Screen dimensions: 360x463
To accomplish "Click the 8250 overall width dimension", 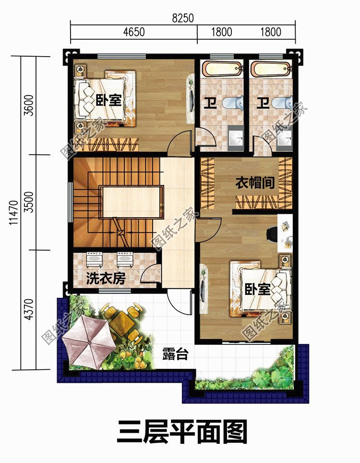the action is pyautogui.click(x=183, y=18).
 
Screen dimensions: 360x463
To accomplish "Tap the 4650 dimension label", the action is pyautogui.click(x=134, y=32).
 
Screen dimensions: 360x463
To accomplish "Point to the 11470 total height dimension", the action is pyautogui.click(x=13, y=213).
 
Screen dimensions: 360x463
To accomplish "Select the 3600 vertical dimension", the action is pyautogui.click(x=29, y=105).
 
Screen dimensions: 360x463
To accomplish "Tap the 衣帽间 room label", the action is pyautogui.click(x=255, y=183).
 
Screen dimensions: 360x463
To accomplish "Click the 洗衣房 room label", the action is pyautogui.click(x=106, y=278).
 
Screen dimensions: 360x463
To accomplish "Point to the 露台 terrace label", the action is pyautogui.click(x=175, y=353).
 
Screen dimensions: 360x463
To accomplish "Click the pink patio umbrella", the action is pyautogui.click(x=89, y=343).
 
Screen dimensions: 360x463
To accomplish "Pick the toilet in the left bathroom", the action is pyautogui.click(x=233, y=103).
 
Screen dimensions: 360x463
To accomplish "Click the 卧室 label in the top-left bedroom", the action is pyautogui.click(x=108, y=99).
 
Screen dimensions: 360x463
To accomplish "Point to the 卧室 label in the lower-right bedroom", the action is pyautogui.click(x=258, y=289).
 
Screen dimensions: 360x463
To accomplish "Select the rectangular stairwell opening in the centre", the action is pyautogui.click(x=132, y=202).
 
